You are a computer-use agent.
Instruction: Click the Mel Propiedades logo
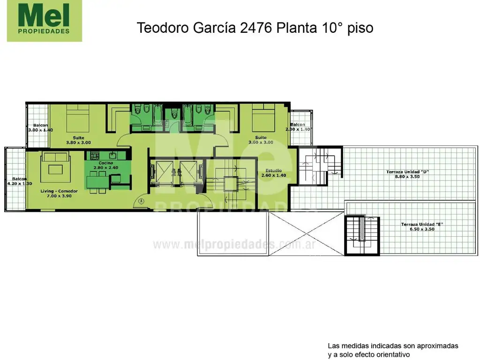pos(45,21)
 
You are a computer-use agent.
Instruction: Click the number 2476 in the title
pos(256,28)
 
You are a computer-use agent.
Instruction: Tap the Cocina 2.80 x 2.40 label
pos(106,165)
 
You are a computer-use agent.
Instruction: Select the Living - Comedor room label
pos(59,194)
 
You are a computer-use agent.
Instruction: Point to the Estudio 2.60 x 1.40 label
pos(274,173)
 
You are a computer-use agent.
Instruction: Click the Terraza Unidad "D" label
pos(407,174)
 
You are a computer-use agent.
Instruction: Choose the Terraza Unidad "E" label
pos(422,226)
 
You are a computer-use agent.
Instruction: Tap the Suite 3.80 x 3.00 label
pos(78,140)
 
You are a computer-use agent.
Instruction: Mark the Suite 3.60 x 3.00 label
pos(261,140)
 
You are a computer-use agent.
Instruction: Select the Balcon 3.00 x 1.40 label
pos(40,127)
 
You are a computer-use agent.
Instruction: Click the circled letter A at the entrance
pos(141,201)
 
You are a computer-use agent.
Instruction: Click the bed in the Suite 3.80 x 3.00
pos(78,119)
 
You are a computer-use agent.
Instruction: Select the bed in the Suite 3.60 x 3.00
pos(263,118)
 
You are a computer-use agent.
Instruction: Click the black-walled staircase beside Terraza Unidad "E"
pos(362,235)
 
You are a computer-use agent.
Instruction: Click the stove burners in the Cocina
pos(95,156)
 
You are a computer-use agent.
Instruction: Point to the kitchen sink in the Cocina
pos(112,156)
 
